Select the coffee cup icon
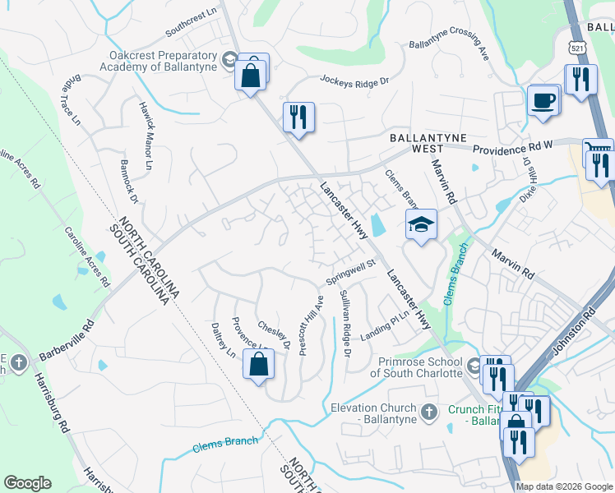pos(543,101)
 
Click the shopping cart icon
pos(598,151)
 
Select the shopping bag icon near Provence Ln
pos(258,364)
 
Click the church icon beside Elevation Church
pos(428,412)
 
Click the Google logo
pos(27,483)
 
